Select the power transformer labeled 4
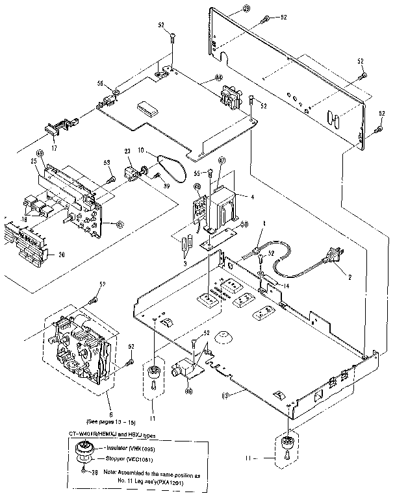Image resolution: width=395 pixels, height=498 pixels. [225, 206]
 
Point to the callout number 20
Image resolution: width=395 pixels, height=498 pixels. [60, 255]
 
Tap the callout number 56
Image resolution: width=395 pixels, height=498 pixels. [101, 83]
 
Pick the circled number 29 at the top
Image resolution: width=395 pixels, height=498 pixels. [227, 8]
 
